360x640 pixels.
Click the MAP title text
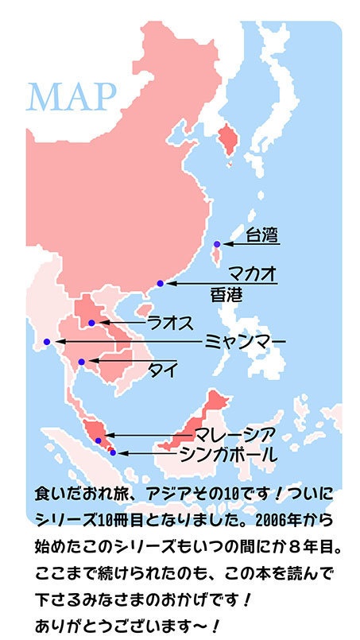point(72,96)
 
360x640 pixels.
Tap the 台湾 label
point(261,235)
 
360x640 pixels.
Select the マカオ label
point(253,271)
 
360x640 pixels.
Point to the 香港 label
point(225,295)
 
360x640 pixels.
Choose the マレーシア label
point(236,435)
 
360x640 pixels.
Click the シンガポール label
point(228,455)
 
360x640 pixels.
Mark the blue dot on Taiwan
point(217,243)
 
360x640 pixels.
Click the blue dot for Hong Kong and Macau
point(161,283)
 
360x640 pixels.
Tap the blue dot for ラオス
point(92,323)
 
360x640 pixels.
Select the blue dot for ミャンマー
point(47,342)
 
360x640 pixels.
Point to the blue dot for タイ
point(81,363)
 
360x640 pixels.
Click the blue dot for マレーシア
point(98,440)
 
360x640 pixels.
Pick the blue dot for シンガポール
point(113,452)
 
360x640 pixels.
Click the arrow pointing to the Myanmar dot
point(127,342)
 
